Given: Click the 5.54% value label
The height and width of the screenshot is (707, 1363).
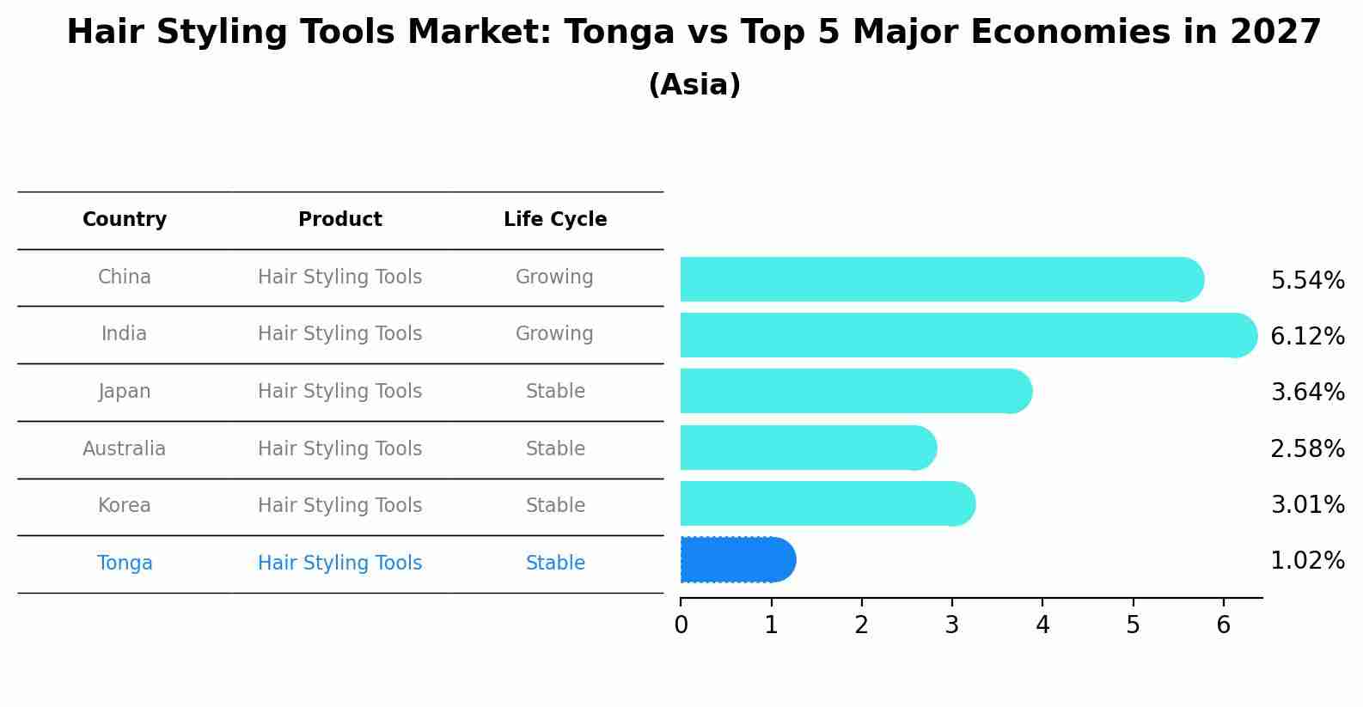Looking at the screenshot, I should click(x=1307, y=280).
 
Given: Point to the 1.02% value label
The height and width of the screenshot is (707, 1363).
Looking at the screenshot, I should click(x=1307, y=561).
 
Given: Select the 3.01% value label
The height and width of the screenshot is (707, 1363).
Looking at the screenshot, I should click(x=1307, y=504).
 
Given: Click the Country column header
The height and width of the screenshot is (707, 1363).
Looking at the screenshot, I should click(x=125, y=220).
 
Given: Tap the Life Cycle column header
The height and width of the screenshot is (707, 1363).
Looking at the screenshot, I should click(x=555, y=220).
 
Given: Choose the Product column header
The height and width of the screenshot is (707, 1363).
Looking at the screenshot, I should click(x=340, y=220).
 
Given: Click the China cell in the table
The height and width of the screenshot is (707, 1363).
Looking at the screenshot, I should click(x=125, y=277).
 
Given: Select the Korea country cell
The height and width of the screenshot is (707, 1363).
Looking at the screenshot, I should click(x=125, y=506).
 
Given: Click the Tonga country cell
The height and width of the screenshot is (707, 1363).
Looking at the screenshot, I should click(x=125, y=564).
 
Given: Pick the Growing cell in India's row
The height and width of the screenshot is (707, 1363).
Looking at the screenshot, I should click(x=554, y=334).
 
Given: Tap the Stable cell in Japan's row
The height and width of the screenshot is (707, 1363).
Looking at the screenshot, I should click(x=555, y=392).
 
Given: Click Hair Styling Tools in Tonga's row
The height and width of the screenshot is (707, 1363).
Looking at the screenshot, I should click(x=340, y=564).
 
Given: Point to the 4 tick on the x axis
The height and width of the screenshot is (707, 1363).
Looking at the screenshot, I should click(x=1042, y=625).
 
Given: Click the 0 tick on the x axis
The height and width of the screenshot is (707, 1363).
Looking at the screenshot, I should click(x=681, y=625).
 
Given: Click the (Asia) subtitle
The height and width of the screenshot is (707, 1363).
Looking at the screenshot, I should click(x=694, y=85).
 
